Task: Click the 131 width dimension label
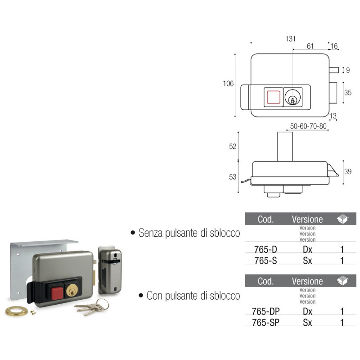(290, 39)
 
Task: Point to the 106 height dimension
(228, 84)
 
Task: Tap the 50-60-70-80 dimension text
(308, 126)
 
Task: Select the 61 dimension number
(310, 46)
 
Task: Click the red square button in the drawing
(274, 97)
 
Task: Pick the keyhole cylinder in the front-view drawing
(292, 97)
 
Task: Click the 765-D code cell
(265, 249)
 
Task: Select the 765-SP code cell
(265, 323)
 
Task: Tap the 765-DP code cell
(265, 311)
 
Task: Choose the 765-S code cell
(265, 261)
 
